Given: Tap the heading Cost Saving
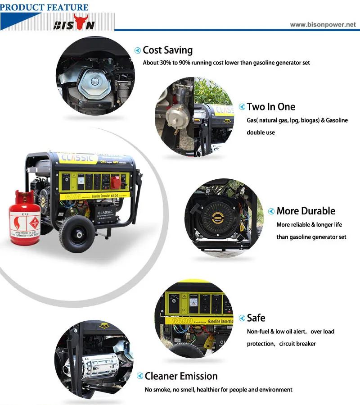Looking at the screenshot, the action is [x=167, y=50].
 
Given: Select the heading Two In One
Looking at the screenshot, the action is [x=271, y=107].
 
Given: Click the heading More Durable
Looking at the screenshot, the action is [x=306, y=211].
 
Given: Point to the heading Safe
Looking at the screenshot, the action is [x=256, y=318].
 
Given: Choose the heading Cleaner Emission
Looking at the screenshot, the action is [x=181, y=376].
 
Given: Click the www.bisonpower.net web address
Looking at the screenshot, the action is [x=323, y=25].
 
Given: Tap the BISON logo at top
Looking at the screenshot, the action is [x=74, y=23].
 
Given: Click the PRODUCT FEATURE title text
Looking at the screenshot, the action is [x=45, y=7].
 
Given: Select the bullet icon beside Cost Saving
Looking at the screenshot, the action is [x=138, y=50].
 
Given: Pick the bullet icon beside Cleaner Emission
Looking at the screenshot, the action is [x=139, y=377].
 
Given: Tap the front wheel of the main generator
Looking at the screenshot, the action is [x=75, y=235].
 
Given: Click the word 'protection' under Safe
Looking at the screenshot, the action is [x=260, y=344].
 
